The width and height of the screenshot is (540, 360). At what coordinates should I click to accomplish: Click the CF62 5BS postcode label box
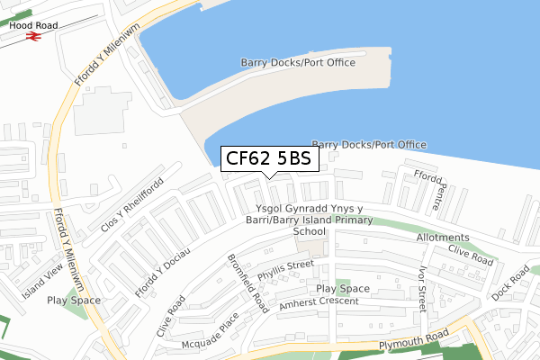coord(269,159)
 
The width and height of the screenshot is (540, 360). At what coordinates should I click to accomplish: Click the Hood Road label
coord(34,26)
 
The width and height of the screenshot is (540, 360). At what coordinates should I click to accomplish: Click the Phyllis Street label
coord(284,265)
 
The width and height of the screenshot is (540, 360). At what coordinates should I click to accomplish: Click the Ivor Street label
coord(419,286)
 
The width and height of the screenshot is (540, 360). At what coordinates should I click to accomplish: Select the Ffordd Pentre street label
coord(425,190)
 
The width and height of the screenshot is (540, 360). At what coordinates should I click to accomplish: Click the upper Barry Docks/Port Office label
coord(298,62)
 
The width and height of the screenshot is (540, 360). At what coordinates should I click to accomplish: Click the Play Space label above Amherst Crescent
coord(343,288)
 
